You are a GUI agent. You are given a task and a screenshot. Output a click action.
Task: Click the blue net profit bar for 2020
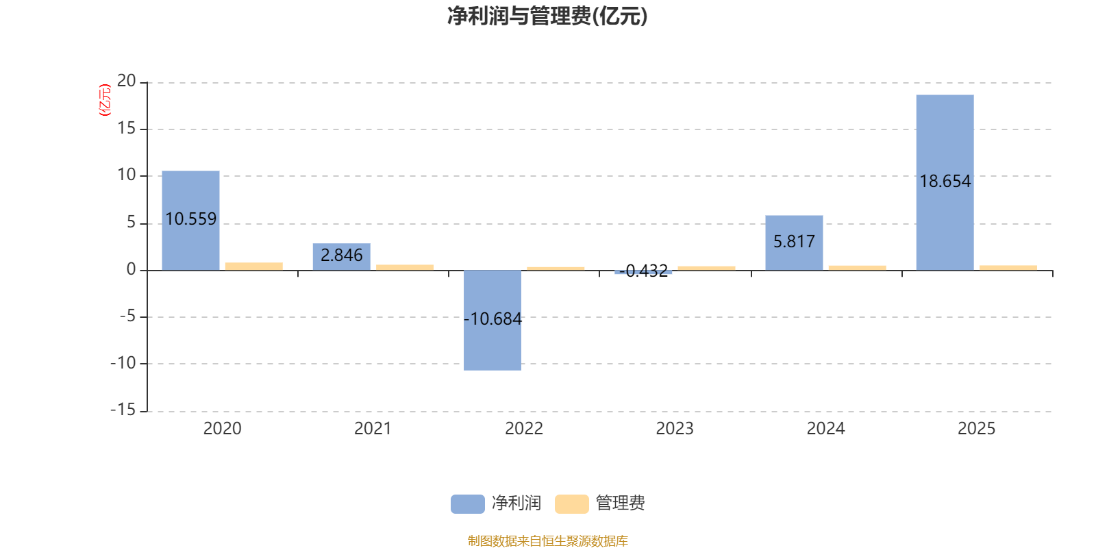click(x=191, y=221)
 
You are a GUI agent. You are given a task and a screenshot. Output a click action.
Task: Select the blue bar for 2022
click(x=493, y=321)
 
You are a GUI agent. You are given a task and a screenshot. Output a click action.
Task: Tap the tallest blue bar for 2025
click(x=945, y=182)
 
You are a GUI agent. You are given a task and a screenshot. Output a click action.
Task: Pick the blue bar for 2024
click(x=794, y=243)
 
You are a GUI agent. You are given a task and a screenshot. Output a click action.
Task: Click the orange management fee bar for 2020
click(x=254, y=266)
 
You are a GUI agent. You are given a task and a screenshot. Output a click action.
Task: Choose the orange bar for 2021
click(x=405, y=268)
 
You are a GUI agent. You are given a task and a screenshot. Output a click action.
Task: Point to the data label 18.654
click(x=945, y=182)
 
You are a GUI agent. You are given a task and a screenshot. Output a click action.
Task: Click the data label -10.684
click(x=493, y=319)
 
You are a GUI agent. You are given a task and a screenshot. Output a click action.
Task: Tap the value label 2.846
click(x=342, y=255)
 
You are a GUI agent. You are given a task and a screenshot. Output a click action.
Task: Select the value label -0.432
click(x=643, y=271)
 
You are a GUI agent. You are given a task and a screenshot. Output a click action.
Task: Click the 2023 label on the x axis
click(x=675, y=429)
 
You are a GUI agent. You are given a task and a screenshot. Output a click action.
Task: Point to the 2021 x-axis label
click(x=373, y=429)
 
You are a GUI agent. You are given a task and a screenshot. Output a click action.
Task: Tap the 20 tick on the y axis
click(x=126, y=82)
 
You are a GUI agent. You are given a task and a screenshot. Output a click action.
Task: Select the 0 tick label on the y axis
click(x=131, y=270)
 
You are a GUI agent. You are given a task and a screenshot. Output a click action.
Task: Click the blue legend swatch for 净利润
click(x=468, y=504)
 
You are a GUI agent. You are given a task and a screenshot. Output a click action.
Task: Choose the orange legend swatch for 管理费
click(x=571, y=504)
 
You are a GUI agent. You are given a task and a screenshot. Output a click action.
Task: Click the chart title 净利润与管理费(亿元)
click(x=547, y=16)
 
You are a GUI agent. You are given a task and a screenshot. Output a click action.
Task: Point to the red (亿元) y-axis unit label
click(x=105, y=100)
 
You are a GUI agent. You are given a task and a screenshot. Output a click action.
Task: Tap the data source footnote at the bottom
click(x=547, y=540)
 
